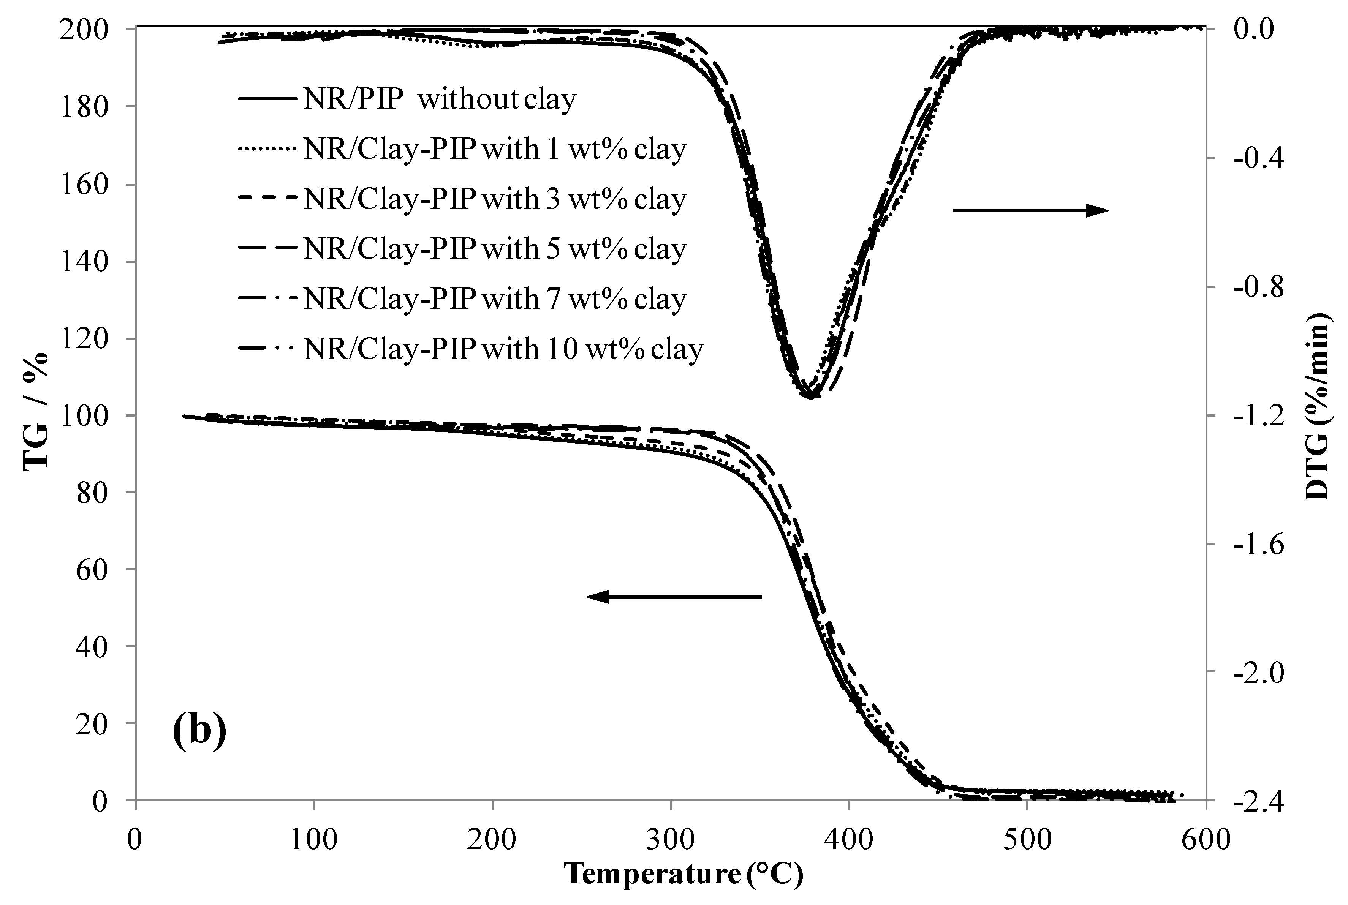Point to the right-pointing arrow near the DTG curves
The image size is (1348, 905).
pyautogui.click(x=1030, y=211)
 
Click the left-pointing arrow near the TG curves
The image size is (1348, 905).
pyautogui.click(x=674, y=597)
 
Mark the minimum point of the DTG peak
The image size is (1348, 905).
pyautogui.click(x=810, y=396)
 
